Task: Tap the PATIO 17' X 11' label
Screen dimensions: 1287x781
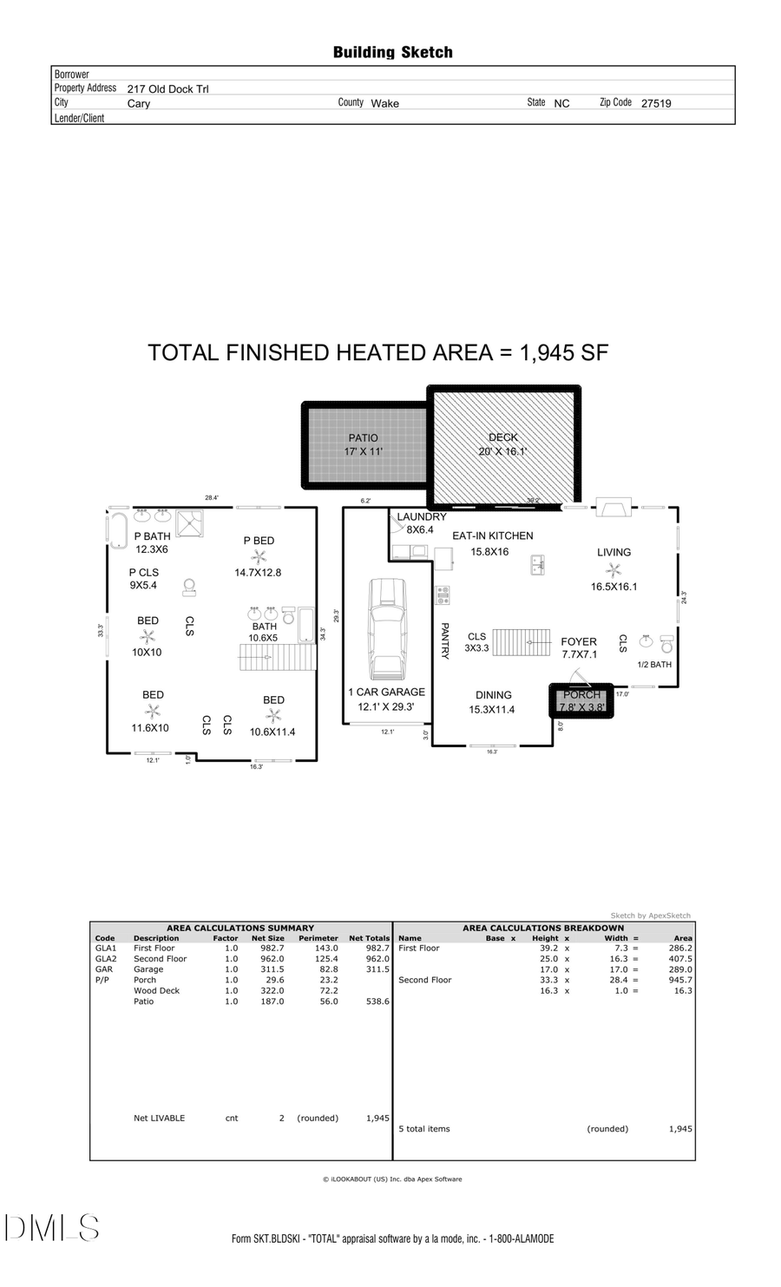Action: click(x=363, y=444)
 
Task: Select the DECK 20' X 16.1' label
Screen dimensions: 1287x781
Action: click(x=502, y=444)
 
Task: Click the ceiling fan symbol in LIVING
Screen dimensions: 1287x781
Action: click(x=614, y=570)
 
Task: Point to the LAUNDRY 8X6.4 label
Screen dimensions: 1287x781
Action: click(x=421, y=522)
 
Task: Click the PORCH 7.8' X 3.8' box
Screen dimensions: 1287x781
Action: click(x=581, y=700)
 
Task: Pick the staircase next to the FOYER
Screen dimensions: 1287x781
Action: click(x=522, y=643)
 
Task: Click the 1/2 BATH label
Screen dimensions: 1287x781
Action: click(x=654, y=665)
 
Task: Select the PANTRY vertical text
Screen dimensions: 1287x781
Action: click(x=444, y=640)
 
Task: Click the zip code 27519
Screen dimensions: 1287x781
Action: click(x=656, y=103)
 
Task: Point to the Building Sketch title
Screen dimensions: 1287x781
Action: click(x=392, y=53)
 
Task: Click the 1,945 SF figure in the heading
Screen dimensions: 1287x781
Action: click(x=564, y=353)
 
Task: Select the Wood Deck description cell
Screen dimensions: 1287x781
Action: click(x=156, y=990)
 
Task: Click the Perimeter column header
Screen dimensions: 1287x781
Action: click(x=318, y=938)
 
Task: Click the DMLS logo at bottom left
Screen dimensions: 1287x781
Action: click(x=52, y=1227)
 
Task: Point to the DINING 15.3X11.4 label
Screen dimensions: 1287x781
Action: click(x=492, y=702)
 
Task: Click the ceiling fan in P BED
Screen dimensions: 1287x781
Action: click(x=258, y=557)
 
